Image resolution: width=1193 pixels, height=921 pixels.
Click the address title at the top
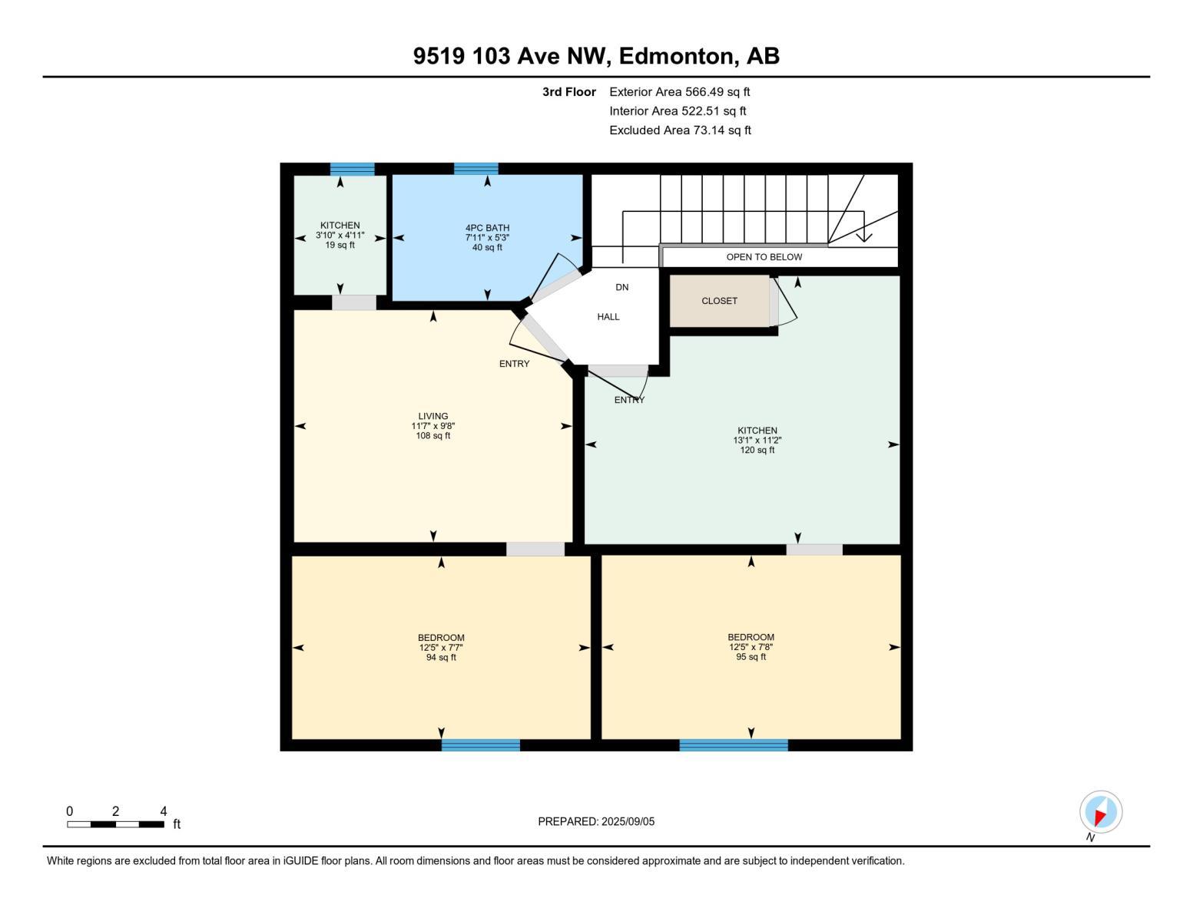(x=596, y=56)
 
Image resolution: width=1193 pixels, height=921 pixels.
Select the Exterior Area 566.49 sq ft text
(x=679, y=92)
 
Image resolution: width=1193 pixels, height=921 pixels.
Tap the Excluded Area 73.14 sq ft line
(x=680, y=130)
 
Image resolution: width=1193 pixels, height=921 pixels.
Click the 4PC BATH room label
(x=487, y=237)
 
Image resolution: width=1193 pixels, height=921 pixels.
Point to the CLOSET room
(x=720, y=301)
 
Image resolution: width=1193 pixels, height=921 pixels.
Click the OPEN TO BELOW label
(x=764, y=257)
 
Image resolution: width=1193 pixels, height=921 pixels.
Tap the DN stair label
(x=622, y=287)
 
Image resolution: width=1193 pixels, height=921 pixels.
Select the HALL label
(x=608, y=317)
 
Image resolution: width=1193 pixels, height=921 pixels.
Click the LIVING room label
(x=433, y=426)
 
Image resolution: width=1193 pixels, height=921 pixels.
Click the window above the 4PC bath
(x=476, y=169)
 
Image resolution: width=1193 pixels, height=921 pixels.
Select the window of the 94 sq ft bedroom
(x=481, y=744)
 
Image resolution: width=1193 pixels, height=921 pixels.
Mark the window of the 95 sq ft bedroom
(x=734, y=744)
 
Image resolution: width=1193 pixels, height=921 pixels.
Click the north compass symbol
(x=1101, y=812)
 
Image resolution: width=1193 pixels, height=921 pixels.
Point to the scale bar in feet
(x=115, y=824)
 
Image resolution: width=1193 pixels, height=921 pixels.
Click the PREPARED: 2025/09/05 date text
(x=596, y=821)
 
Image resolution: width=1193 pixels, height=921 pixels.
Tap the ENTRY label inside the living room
(x=514, y=364)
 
